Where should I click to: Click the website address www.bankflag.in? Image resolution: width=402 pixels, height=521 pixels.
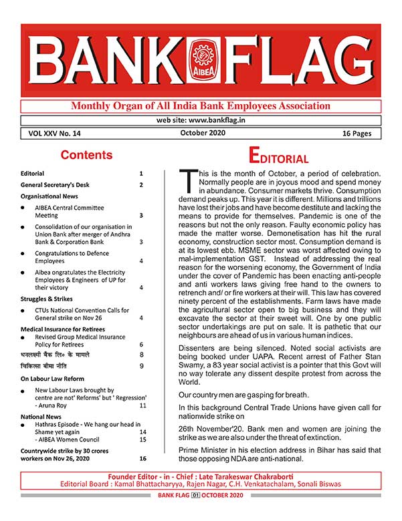pyautogui.click(x=201, y=120)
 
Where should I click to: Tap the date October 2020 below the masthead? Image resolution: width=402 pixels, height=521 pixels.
pyautogui.click(x=203, y=133)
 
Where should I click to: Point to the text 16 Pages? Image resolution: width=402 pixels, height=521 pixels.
pyautogui.click(x=357, y=134)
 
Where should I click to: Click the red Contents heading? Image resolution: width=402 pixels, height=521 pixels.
pyautogui.click(x=86, y=155)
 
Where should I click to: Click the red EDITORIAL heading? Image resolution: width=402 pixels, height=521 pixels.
pyautogui.click(x=278, y=157)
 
